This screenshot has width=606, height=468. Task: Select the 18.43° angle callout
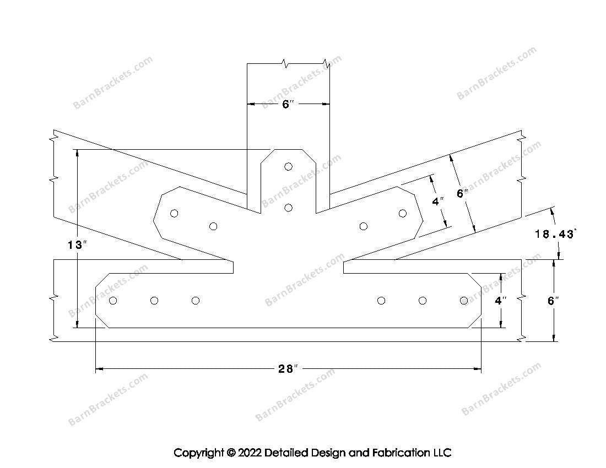pos(555,234)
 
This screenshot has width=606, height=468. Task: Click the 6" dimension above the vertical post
pos(288,104)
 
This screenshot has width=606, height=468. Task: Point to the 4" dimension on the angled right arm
pos(438,202)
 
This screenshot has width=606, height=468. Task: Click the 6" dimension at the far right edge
pos(554,301)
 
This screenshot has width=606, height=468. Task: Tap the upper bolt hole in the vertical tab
pos(288,166)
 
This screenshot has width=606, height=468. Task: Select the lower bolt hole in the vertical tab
pos(288,208)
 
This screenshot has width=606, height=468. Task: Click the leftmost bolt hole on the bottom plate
pos(113,301)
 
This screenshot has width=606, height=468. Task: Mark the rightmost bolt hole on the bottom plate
pos(464,301)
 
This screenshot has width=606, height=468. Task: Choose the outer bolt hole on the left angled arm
pos(174,214)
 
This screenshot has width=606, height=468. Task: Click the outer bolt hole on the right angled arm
pos(403,214)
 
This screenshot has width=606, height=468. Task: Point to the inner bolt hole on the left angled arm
pos(214,226)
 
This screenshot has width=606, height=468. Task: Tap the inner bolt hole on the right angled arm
pos(363,226)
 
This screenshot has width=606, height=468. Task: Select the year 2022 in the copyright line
pos(250,453)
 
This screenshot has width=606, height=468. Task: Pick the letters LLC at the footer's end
pos(441,453)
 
